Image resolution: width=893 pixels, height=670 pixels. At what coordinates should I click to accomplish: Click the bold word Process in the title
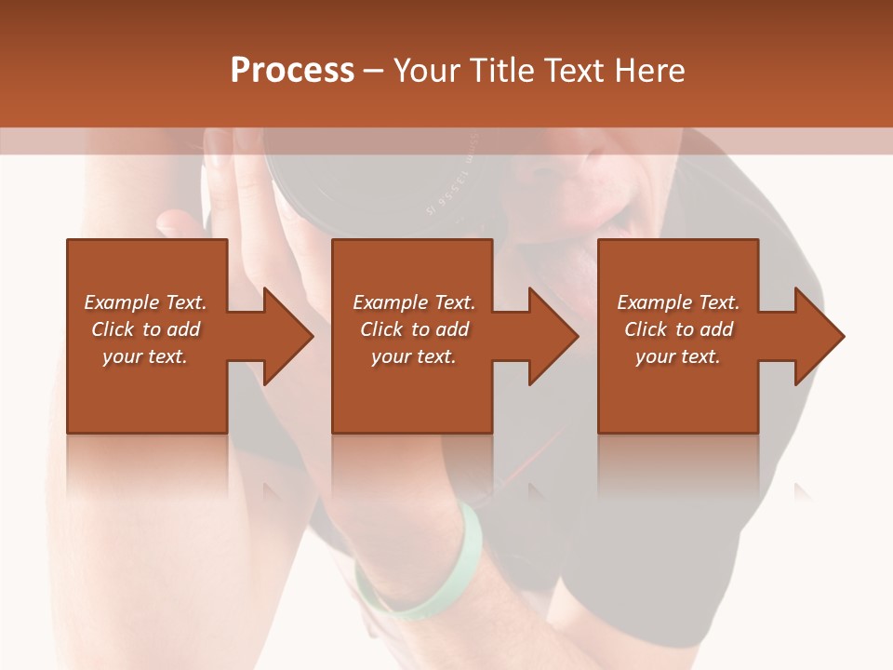[292, 70]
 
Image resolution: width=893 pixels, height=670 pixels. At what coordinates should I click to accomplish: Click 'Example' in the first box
[121, 302]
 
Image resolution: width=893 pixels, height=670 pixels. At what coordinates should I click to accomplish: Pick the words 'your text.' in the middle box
[413, 356]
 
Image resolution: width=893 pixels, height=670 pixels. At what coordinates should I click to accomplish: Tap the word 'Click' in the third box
[646, 329]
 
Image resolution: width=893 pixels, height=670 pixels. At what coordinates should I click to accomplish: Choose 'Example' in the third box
[654, 302]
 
